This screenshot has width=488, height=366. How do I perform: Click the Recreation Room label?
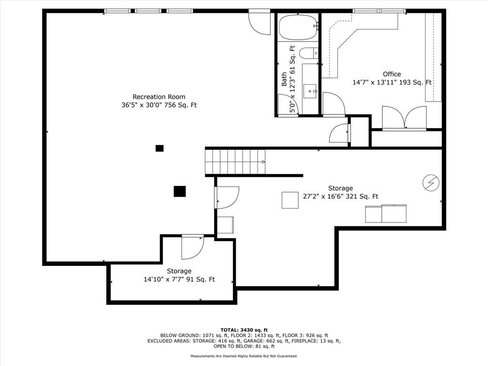point(159,97)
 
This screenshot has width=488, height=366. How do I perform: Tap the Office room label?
point(392,74)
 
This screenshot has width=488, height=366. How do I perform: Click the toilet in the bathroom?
point(309,53)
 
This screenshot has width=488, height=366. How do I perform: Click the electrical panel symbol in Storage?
point(431,183)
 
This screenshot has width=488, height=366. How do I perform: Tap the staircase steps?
point(235,162)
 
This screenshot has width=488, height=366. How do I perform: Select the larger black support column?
point(180,192)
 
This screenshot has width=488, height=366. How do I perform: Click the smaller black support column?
point(160,148)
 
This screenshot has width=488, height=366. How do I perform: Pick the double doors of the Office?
point(404,118)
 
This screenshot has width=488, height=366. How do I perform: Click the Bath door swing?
point(288,104)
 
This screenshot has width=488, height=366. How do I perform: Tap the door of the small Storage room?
point(193,247)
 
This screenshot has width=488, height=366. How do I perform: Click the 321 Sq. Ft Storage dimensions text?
point(340,196)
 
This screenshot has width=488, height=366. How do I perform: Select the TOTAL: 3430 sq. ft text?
point(244,330)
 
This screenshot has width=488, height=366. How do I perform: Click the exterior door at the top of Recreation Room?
point(259,23)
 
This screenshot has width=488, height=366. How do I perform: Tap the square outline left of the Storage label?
point(290,200)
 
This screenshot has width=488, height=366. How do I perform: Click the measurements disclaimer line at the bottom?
point(244,356)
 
